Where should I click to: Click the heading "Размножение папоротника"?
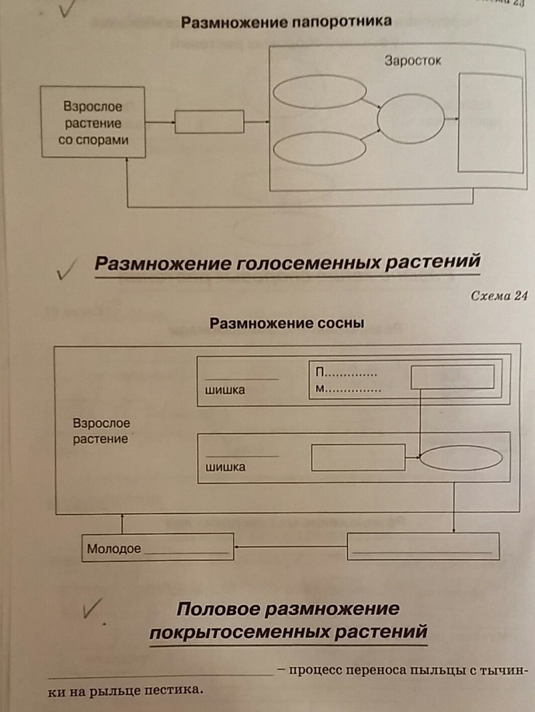[286, 22]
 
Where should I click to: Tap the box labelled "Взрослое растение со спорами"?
[93, 123]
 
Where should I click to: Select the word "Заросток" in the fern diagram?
[413, 61]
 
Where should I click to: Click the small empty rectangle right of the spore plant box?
[209, 122]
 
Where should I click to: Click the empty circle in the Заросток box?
[411, 119]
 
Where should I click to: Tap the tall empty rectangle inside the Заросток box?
[490, 123]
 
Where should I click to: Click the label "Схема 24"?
[497, 295]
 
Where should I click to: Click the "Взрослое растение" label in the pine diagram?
[101, 431]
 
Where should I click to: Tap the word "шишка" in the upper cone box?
[225, 390]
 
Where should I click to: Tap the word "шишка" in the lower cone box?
[225, 468]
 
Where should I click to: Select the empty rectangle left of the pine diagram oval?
[358, 457]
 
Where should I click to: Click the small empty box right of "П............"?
[452, 377]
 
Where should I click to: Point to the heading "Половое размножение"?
[287, 609]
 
